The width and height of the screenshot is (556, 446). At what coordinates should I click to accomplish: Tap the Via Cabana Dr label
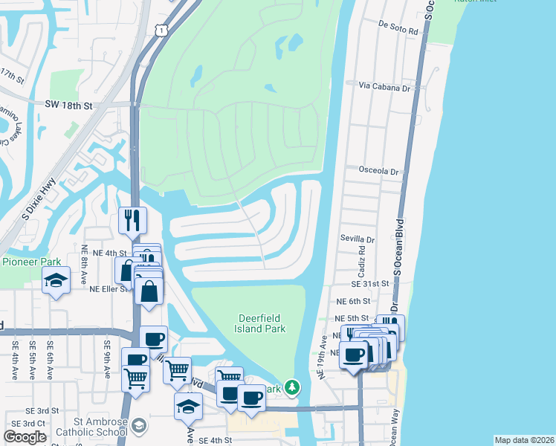tap(385, 87)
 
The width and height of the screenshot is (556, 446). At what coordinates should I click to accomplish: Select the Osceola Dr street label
tap(379, 171)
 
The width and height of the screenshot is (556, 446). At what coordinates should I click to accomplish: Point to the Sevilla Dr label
tap(358, 239)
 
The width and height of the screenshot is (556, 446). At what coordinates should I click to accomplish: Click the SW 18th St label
tap(68, 106)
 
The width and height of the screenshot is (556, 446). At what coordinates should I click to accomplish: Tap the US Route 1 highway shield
tap(161, 29)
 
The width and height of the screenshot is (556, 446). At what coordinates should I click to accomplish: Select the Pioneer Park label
tap(31, 262)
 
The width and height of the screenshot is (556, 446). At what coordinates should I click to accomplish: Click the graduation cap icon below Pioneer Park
tap(56, 282)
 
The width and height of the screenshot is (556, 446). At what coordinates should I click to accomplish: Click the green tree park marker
tap(293, 387)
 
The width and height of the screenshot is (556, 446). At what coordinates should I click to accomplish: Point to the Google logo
tap(25, 437)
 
